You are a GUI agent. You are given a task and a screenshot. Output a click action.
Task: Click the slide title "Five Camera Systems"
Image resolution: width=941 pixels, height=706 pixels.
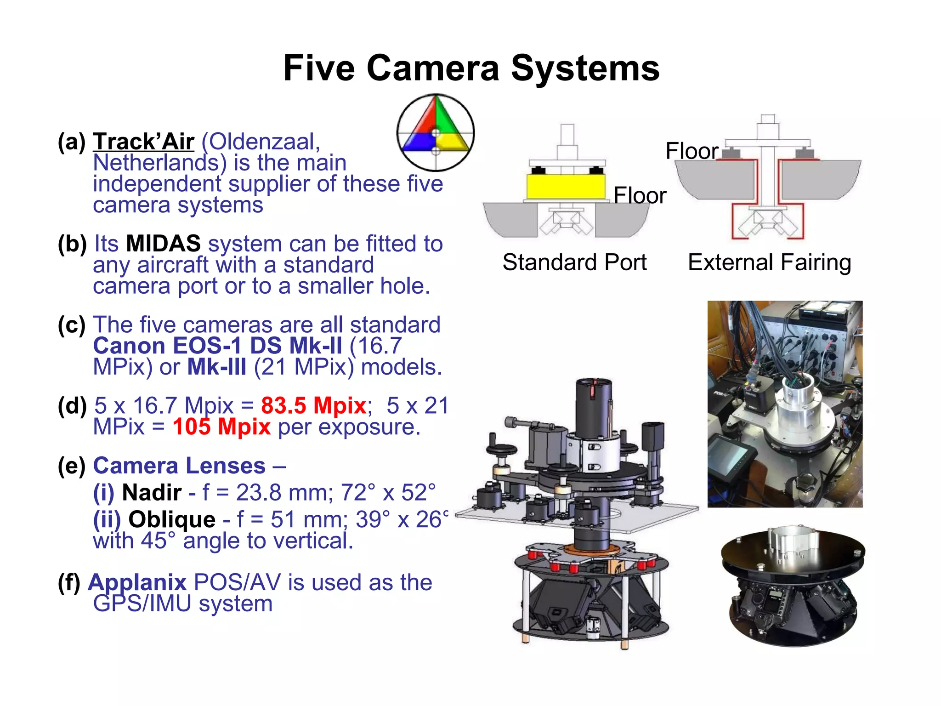[471, 68]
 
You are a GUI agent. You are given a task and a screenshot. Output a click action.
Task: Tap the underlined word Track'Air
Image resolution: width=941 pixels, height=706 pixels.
[144, 142]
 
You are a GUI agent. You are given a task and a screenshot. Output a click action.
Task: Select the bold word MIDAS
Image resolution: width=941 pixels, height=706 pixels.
[163, 244]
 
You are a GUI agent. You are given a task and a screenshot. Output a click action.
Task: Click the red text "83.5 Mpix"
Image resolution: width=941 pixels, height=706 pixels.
[313, 406]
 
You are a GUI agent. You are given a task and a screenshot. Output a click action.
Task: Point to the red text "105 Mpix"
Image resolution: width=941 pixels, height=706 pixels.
[221, 427]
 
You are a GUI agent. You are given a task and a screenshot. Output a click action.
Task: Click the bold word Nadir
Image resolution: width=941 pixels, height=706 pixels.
[152, 492]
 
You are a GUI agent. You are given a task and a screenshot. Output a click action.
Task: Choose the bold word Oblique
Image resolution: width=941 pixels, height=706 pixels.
[172, 519]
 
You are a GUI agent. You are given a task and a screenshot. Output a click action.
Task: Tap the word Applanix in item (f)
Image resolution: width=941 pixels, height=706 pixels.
[137, 582]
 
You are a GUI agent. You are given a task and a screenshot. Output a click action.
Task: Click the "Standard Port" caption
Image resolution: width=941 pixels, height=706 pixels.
[574, 262]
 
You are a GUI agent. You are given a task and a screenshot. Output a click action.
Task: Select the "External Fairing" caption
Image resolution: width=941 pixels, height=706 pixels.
[770, 262]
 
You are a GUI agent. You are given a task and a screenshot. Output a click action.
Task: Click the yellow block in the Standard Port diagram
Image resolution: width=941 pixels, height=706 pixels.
[566, 186]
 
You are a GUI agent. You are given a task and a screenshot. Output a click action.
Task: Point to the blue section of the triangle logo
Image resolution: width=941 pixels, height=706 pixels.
[416, 142]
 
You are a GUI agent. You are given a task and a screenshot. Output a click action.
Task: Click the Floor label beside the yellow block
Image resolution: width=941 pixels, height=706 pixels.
[640, 196]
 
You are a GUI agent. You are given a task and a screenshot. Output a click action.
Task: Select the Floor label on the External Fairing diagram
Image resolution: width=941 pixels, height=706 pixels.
[692, 151]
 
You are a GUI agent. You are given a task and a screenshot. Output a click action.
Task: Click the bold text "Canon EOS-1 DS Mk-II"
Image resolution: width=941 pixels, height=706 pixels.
[217, 346]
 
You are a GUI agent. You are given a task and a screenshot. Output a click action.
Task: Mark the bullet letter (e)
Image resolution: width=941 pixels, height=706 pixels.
[72, 466]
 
